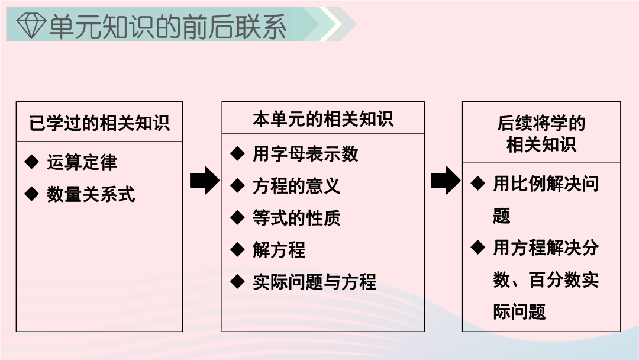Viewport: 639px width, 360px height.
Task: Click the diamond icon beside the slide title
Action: [31, 25]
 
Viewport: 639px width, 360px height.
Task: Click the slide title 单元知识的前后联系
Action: [167, 27]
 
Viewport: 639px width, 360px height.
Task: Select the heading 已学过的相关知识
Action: [99, 123]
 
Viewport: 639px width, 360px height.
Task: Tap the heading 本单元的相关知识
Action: [323, 119]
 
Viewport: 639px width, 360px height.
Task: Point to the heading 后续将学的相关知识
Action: [541, 134]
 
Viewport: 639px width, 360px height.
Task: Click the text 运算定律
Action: [82, 162]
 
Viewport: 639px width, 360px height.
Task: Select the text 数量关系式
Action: [91, 194]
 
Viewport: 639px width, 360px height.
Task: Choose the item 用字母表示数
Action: [305, 154]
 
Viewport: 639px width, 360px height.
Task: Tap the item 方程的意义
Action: [296, 186]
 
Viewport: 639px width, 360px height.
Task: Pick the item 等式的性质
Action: [296, 218]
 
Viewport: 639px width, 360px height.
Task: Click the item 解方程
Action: [279, 249]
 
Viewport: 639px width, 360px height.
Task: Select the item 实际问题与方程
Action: [314, 282]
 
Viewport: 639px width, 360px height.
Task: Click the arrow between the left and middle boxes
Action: [205, 180]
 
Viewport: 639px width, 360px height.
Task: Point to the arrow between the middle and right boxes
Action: [446, 180]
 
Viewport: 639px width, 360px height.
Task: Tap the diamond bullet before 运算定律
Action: [31, 162]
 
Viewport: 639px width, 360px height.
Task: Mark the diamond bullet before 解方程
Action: [237, 249]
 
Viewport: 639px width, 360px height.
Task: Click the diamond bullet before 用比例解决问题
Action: [477, 183]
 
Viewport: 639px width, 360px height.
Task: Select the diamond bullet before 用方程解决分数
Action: [477, 247]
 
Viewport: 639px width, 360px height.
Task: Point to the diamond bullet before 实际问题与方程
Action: [237, 281]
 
